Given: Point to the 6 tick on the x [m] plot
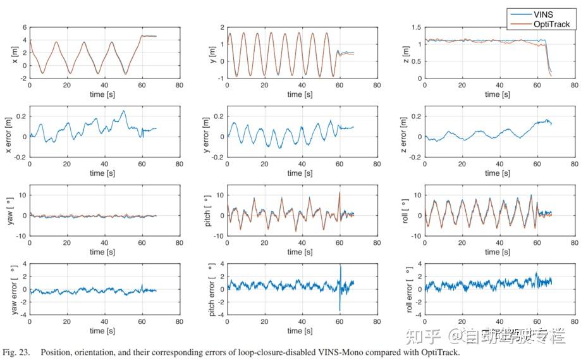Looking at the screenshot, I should pos(24,28).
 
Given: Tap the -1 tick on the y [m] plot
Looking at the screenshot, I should pos(220,78).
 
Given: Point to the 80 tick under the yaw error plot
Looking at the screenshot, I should pos(181,321).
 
